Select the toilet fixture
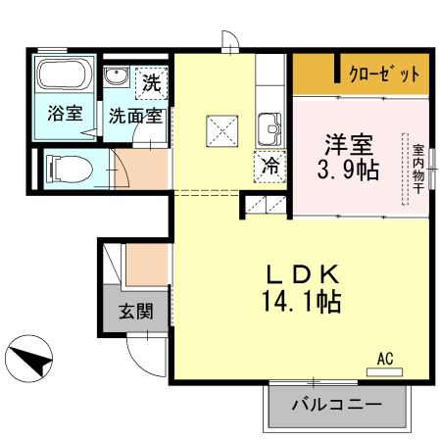[x=66, y=169]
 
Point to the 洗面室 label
[x=135, y=115]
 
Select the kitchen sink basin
[x=269, y=128]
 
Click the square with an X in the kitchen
[x=220, y=129]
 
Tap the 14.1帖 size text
[x=305, y=302]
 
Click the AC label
[x=385, y=359]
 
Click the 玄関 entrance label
[x=136, y=313]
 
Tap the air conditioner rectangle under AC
[x=385, y=372]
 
